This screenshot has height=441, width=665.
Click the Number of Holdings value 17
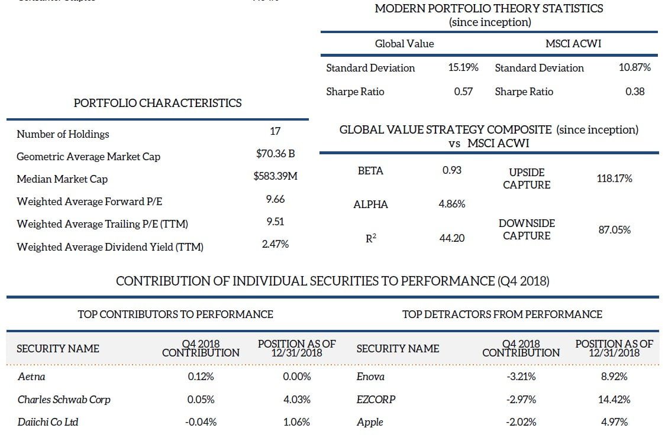(x=275, y=131)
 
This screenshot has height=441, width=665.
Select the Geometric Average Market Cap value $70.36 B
(x=275, y=154)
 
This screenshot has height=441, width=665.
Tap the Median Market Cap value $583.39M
(x=275, y=176)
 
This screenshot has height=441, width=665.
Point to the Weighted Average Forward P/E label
(x=89, y=202)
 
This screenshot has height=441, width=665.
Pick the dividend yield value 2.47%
(x=275, y=244)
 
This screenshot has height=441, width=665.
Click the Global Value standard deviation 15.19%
(x=463, y=67)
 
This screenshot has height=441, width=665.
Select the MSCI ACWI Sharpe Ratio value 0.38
(x=635, y=91)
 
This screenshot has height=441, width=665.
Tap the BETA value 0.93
(x=452, y=170)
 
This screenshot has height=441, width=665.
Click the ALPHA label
(x=370, y=205)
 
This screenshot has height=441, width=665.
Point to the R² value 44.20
(x=453, y=238)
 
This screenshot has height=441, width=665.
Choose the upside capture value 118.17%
(x=615, y=178)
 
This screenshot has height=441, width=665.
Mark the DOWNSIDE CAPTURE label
(x=527, y=229)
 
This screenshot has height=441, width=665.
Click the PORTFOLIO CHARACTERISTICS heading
(x=157, y=103)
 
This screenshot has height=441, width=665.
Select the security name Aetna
(x=31, y=377)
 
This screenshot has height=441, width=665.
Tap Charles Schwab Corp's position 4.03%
(x=298, y=399)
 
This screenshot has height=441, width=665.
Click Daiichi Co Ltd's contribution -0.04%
(x=201, y=421)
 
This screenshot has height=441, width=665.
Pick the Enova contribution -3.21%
(x=521, y=377)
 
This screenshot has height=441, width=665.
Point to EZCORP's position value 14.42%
(x=615, y=399)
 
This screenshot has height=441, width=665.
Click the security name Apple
(x=370, y=421)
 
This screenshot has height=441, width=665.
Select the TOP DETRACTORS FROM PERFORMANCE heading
(x=502, y=314)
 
